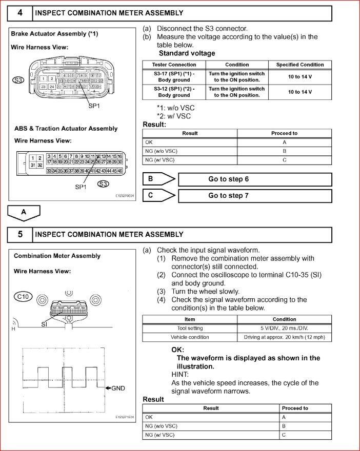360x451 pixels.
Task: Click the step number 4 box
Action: tap(20, 12)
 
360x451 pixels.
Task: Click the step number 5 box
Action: tap(20, 234)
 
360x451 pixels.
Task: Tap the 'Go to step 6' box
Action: tap(254, 179)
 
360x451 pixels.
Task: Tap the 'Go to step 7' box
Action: tap(254, 196)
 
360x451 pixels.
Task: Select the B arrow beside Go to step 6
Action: tap(159, 179)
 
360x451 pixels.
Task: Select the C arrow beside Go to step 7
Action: tap(159, 195)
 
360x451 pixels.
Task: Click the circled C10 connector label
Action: tap(23, 297)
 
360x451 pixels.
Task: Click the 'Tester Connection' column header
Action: tap(174, 65)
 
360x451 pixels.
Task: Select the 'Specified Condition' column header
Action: tap(300, 65)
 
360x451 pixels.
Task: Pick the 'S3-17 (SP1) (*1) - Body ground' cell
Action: tap(174, 77)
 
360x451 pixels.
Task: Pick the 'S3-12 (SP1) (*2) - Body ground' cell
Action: tap(174, 92)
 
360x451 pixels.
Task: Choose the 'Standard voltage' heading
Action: tap(187, 53)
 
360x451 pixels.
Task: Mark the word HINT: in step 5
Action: tap(181, 375)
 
